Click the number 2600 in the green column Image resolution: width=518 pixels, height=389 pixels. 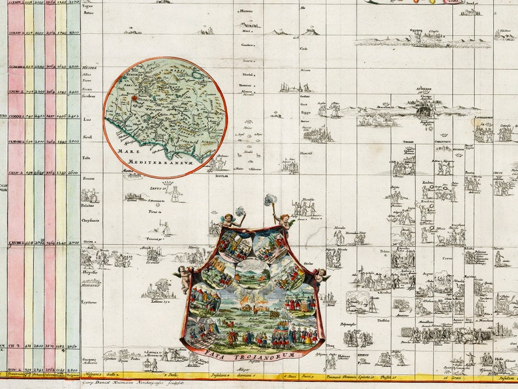pyautogui.click(x=72, y=172)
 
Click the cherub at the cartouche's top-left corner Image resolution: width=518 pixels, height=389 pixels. pyautogui.click(x=230, y=219)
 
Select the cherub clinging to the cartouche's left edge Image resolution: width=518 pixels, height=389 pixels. pyautogui.click(x=185, y=277)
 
